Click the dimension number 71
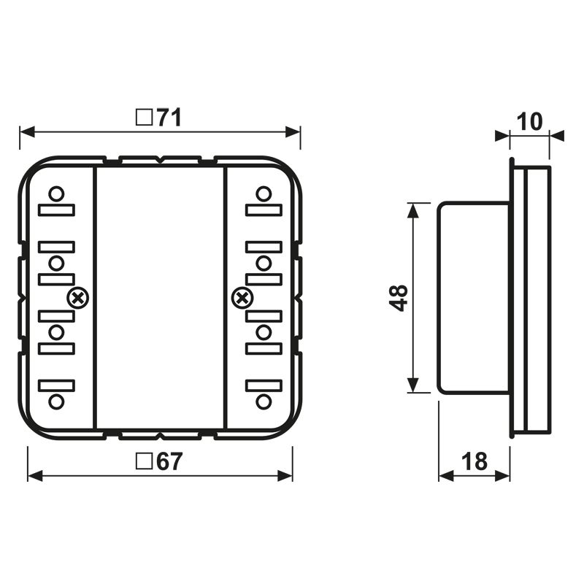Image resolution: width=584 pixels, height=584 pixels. tap(169, 118)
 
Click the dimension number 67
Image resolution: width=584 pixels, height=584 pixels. tap(169, 461)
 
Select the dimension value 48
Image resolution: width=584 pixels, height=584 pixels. tap(399, 298)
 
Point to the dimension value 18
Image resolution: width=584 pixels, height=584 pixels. tap(474, 461)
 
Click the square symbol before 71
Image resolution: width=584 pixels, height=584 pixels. tap(145, 118)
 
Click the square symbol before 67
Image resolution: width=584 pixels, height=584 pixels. tap(145, 461)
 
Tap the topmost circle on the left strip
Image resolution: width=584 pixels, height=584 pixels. tap(56, 194)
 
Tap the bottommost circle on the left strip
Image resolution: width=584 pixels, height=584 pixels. tap(56, 401)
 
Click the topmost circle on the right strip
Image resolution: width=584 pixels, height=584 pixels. tap(264, 194)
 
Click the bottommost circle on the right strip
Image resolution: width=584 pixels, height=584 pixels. tap(264, 401)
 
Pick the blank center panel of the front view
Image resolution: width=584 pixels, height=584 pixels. tap(160, 298)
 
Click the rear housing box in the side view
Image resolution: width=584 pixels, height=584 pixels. tap(473, 298)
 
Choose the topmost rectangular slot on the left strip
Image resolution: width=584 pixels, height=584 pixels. tap(56, 210)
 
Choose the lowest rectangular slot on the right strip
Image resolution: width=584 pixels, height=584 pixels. tap(264, 384)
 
